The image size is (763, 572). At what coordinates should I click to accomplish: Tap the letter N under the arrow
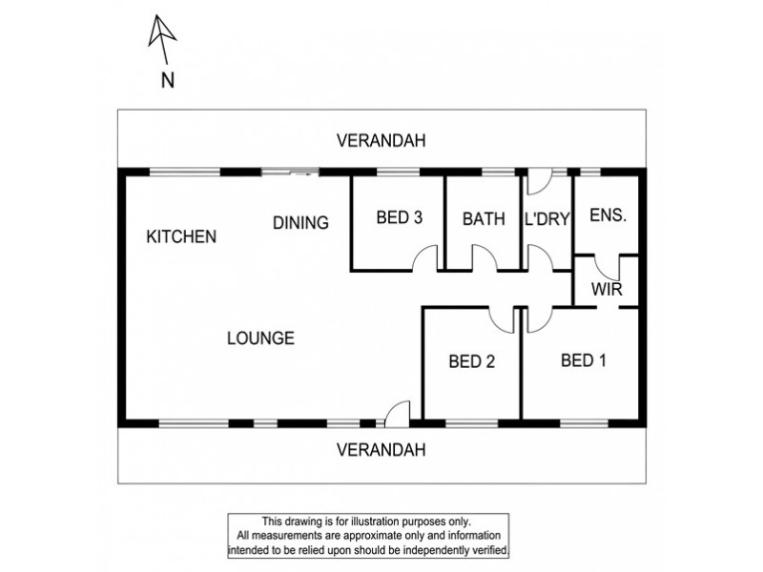[167, 81]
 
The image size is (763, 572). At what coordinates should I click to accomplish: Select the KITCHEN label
[181, 236]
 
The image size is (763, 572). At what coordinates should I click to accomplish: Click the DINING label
[300, 222]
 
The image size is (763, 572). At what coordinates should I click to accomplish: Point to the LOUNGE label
[260, 337]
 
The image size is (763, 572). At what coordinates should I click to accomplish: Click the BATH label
[484, 218]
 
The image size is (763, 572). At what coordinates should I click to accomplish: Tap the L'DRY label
[546, 218]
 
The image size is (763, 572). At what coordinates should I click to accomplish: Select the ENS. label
[607, 215]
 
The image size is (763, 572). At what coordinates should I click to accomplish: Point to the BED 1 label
[583, 360]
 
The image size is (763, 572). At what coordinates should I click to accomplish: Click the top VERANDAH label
[381, 141]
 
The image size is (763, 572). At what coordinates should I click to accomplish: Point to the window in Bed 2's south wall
[471, 421]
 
